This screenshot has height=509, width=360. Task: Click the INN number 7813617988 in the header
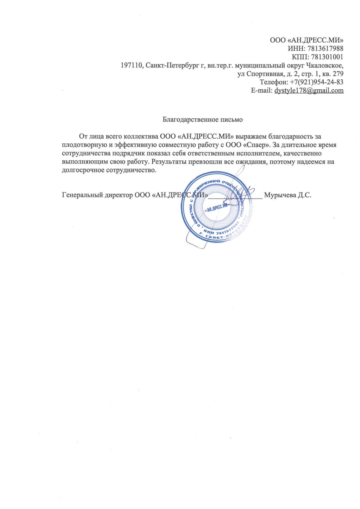[x=325, y=49]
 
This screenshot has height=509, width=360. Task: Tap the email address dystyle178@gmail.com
[x=309, y=90]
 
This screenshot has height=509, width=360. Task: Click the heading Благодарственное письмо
[x=203, y=120]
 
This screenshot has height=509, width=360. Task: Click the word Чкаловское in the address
[x=324, y=66]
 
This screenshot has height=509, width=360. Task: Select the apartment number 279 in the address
[x=338, y=74]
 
